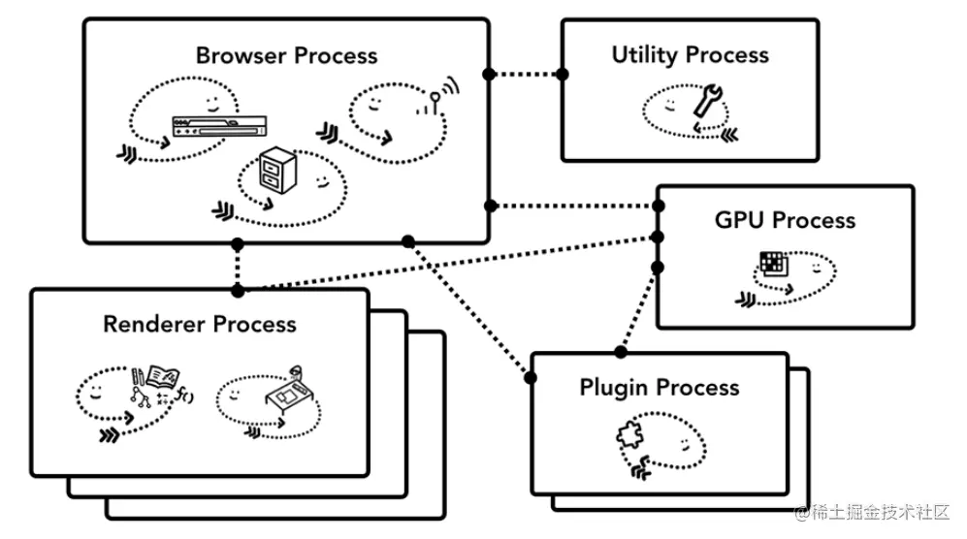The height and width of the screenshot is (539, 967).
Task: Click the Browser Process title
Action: (286, 55)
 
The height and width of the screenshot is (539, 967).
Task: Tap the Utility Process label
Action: (690, 55)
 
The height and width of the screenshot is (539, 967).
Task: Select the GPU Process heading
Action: (785, 220)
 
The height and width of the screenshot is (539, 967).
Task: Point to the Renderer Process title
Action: (200, 323)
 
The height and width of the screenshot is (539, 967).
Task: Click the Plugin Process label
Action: (659, 388)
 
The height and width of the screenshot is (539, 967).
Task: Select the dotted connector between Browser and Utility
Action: (526, 74)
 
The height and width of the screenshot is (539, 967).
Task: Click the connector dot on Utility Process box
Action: (562, 74)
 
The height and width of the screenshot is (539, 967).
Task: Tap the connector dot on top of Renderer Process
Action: (237, 289)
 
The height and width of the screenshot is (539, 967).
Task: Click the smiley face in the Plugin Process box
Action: (686, 443)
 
